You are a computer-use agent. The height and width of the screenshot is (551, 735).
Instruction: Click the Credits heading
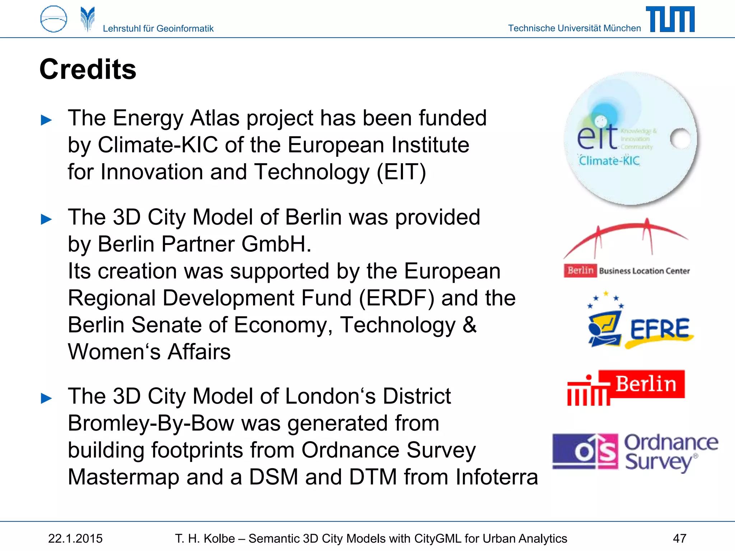[88, 69]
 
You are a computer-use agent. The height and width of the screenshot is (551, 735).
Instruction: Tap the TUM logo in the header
[670, 19]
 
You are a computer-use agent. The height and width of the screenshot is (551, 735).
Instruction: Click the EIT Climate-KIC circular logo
[631, 139]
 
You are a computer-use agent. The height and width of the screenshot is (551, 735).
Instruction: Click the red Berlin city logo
[626, 387]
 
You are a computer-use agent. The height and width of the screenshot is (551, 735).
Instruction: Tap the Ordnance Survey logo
[635, 452]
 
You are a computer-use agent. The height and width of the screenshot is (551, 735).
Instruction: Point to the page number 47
[679, 538]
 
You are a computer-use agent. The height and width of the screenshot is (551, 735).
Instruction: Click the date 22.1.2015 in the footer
[75, 538]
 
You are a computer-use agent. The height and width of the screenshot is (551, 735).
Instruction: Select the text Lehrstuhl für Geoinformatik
[158, 28]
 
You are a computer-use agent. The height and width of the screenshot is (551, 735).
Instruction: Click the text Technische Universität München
[574, 28]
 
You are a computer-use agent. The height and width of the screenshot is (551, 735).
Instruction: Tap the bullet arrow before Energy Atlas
[46, 120]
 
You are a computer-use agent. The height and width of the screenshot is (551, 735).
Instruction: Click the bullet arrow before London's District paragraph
[46, 398]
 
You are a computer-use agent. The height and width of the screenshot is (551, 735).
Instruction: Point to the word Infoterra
[497, 477]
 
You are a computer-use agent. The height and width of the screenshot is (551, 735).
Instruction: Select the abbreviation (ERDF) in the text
[397, 298]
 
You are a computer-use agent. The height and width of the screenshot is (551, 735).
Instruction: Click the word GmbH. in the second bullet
[276, 244]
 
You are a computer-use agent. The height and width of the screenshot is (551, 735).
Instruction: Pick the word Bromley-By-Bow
[151, 423]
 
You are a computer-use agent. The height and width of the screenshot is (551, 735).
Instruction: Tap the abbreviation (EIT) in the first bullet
[401, 172]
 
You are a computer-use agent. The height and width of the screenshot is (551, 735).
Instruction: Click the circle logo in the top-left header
[54, 19]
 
